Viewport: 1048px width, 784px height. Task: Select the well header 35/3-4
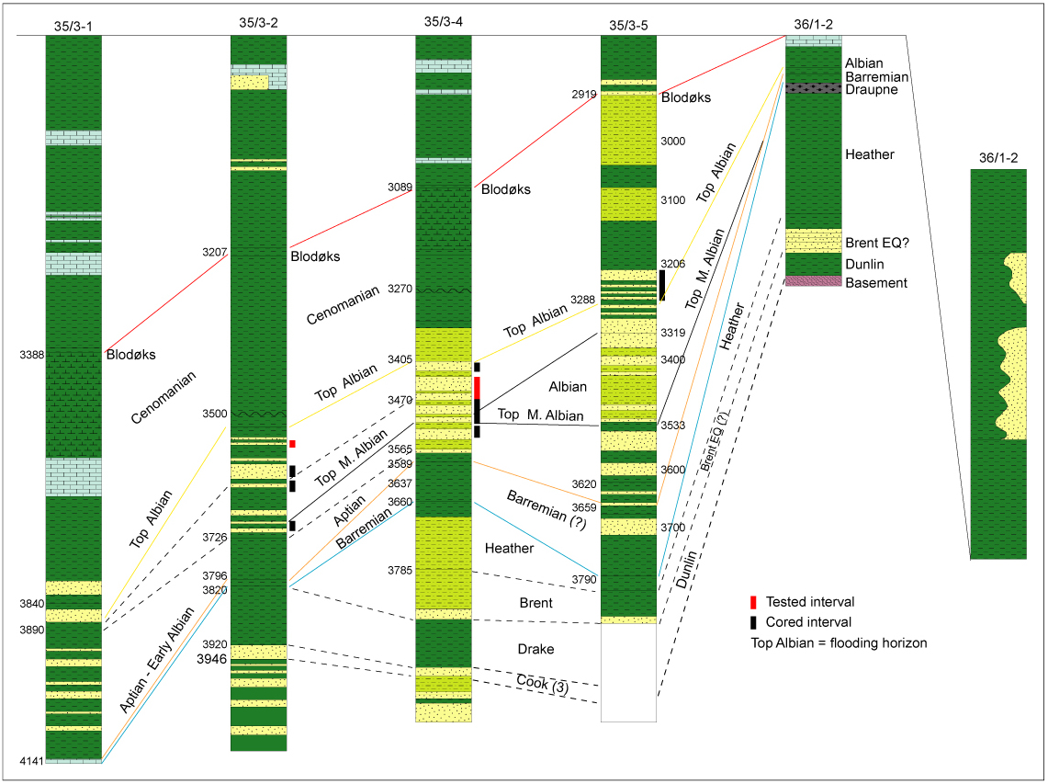[x=443, y=21]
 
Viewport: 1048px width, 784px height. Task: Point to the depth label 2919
[x=582, y=95]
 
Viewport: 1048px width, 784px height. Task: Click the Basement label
[x=876, y=283]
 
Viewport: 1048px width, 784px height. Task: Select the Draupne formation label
[x=872, y=89]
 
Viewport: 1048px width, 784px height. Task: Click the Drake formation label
[x=535, y=649]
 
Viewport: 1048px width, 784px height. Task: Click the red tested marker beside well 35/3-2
[x=292, y=444]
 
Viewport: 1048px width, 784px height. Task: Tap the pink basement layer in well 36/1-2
[x=813, y=281]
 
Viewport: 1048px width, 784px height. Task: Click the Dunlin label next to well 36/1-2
[x=866, y=264]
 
